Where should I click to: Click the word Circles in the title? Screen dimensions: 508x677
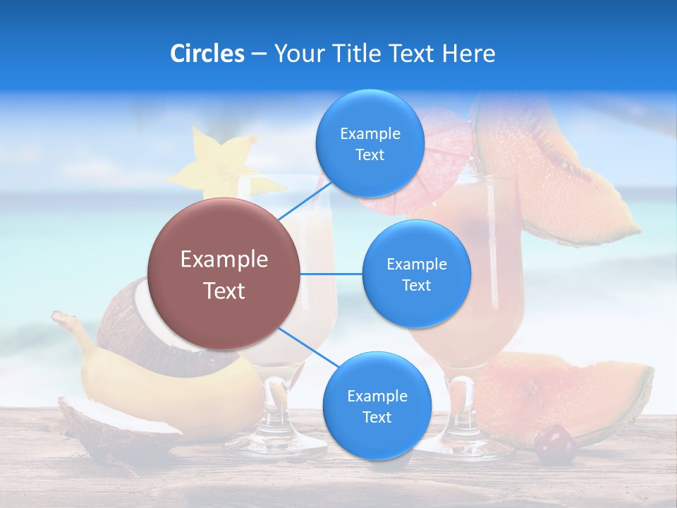[207, 54]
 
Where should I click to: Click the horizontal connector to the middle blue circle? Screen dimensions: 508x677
[331, 274]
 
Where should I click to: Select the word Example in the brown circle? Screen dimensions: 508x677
[224, 260]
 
